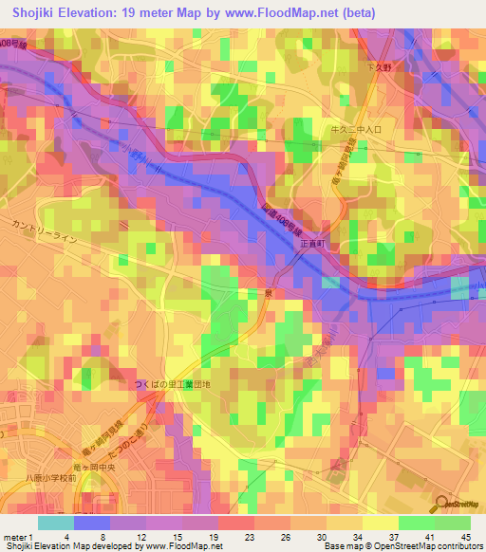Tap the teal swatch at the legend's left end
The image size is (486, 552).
pos(56,522)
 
